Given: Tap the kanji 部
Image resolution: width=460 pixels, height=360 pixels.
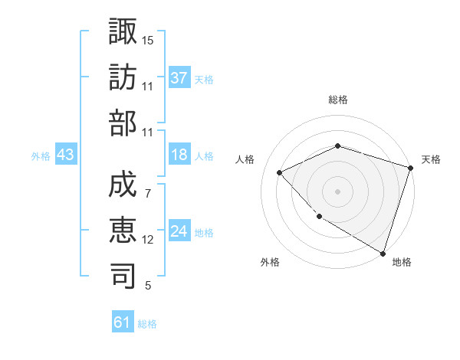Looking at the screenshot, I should [123, 122].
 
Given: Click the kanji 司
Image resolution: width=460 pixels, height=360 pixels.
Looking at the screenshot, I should [123, 275].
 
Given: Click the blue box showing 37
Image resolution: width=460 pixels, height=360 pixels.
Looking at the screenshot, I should [179, 78].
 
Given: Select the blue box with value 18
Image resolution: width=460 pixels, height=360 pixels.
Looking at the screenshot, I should [179, 155].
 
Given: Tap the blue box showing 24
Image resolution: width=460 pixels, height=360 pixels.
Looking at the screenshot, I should [179, 232].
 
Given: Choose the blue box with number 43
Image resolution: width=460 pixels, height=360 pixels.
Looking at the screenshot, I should [66, 155].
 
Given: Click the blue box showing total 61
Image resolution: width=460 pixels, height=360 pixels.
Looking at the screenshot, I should [123, 323].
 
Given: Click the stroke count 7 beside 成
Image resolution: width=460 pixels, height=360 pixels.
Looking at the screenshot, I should [148, 193].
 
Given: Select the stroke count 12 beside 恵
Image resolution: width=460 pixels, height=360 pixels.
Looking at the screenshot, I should [148, 240].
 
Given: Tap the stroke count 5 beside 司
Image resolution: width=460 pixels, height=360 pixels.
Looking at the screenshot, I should [148, 286].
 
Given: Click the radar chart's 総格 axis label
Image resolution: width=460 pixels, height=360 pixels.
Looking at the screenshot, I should [337, 100].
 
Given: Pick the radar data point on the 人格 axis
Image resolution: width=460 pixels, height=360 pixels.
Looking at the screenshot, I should [280, 172].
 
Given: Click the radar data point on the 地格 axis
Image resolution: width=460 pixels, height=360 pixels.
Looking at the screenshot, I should [383, 253].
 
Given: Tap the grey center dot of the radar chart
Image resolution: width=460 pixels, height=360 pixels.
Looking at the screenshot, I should [337, 191].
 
